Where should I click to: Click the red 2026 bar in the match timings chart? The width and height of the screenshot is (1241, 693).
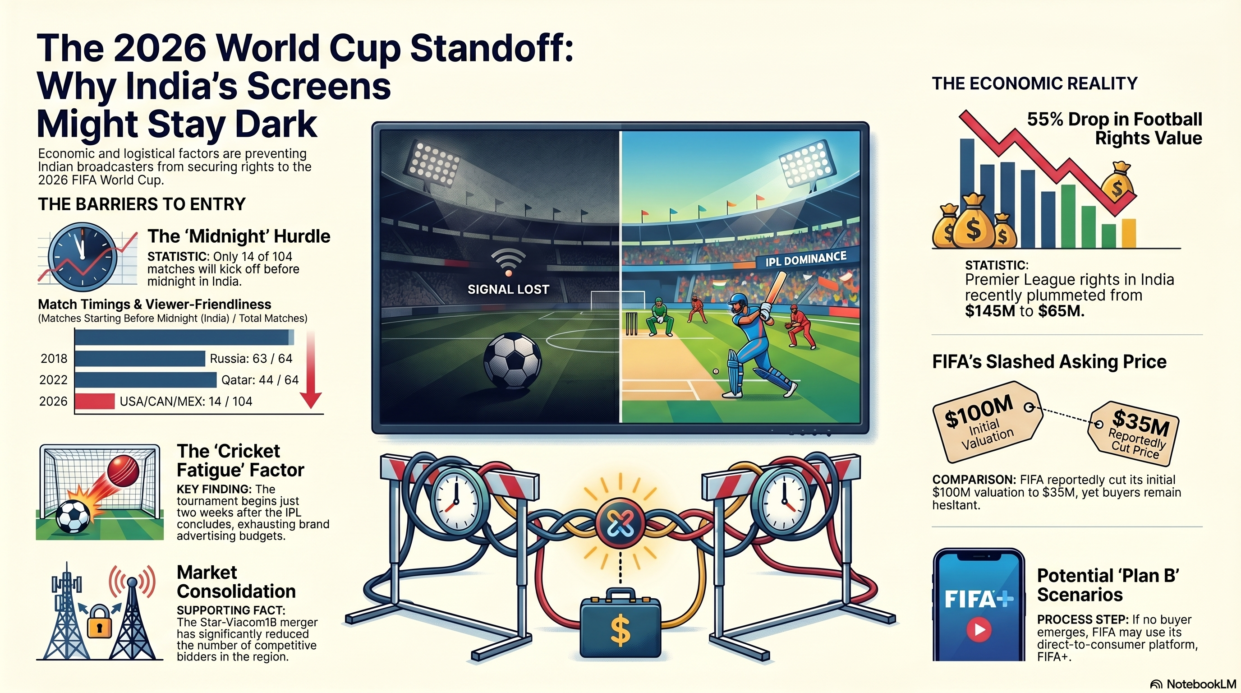coord(95,401)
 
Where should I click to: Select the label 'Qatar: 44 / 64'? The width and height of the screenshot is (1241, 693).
coord(260,380)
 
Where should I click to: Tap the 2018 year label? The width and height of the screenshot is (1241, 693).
coord(54,359)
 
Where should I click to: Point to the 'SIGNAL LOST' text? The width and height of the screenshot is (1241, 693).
coord(508,289)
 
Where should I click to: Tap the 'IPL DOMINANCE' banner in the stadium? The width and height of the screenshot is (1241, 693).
coord(806,259)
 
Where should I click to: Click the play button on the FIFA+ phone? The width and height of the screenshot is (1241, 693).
coord(979,629)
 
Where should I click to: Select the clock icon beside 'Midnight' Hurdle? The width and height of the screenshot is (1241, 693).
coord(83,256)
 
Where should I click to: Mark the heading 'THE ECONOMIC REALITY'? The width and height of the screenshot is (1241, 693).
coord(1034,83)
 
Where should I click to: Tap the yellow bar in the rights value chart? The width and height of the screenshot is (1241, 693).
coord(1129,233)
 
